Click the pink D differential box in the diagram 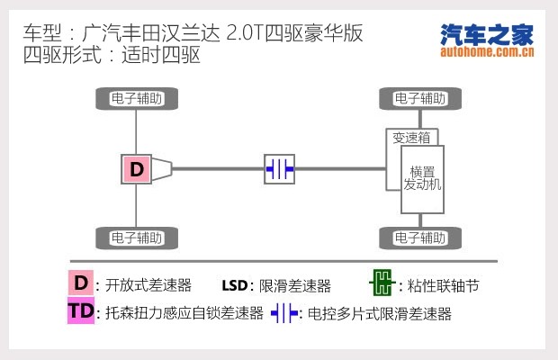point(136,169)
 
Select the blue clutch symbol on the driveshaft point(279,169)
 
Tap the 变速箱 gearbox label point(411,138)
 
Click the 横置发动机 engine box point(422,179)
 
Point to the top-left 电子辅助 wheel point(137,98)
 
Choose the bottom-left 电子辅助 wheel point(137,238)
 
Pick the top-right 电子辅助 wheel point(420,98)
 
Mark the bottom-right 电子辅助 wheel point(420,238)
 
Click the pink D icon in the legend point(81,283)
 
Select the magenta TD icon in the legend point(81,310)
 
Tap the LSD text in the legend point(235,285)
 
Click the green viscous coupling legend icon point(382,283)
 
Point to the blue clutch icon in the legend point(284,313)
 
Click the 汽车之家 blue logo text point(487,35)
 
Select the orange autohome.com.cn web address point(487,52)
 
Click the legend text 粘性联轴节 point(444,285)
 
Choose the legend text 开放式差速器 point(148,285)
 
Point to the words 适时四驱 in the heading point(161,55)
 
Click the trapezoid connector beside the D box point(162,169)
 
